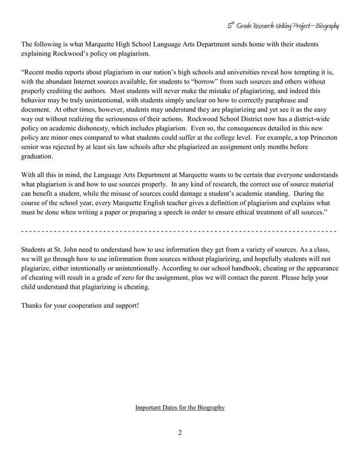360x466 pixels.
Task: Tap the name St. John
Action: click(69, 248)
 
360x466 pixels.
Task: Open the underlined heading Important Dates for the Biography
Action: click(180, 407)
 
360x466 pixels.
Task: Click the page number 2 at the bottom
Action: click(180, 433)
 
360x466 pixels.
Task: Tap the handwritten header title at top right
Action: click(283, 26)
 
